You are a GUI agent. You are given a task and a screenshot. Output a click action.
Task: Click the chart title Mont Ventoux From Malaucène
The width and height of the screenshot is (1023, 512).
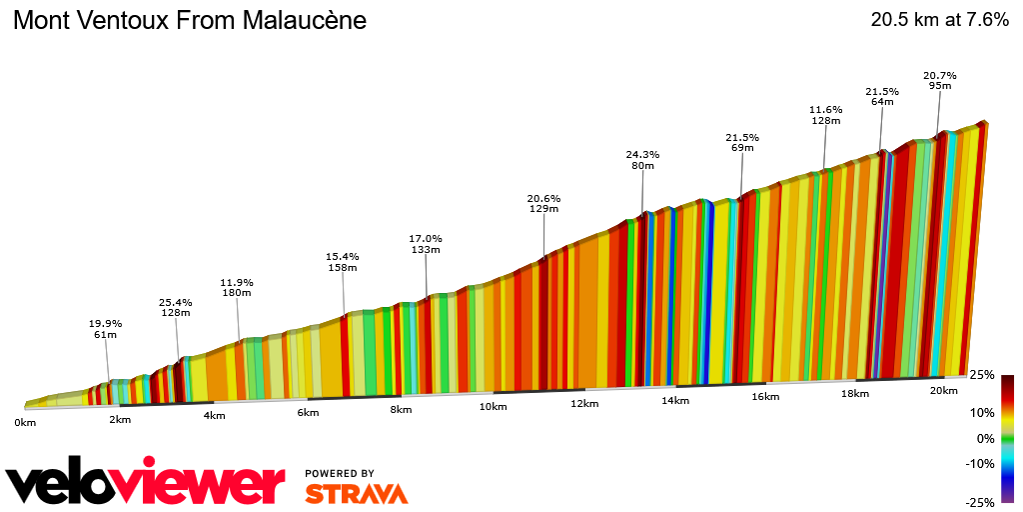(189, 20)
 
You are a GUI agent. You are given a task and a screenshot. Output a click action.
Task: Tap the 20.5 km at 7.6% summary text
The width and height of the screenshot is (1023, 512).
(939, 20)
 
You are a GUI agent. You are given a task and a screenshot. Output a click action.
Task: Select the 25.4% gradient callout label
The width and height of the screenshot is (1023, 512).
(175, 307)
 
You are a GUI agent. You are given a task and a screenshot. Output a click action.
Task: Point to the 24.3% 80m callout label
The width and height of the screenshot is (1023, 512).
(642, 160)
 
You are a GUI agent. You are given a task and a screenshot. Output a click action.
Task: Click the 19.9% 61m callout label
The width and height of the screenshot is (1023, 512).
(105, 329)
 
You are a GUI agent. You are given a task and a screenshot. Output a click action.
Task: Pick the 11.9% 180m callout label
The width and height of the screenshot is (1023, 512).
(237, 288)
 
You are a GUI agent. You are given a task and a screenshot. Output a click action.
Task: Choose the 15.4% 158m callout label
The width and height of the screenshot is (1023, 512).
(342, 262)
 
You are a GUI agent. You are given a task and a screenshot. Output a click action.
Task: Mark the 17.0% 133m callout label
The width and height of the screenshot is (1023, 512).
(426, 244)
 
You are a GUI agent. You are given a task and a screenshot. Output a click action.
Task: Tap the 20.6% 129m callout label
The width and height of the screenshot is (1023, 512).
(543, 203)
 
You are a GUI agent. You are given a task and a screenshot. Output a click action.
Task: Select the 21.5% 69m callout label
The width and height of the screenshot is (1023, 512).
(741, 142)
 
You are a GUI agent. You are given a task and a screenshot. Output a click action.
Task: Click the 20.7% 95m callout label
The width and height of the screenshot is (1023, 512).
(939, 80)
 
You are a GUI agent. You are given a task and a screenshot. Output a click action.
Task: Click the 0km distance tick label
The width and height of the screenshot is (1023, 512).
(25, 423)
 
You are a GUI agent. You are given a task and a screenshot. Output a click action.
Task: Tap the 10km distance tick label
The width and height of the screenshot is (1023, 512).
(493, 406)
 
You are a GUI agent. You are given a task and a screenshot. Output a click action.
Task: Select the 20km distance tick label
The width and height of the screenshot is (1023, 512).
(943, 390)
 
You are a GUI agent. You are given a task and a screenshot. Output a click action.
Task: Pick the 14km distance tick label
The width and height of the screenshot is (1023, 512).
(674, 401)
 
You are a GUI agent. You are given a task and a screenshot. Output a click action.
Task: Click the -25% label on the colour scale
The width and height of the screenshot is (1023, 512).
(981, 502)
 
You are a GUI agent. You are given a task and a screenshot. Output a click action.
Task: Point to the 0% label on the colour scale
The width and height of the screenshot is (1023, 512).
(985, 438)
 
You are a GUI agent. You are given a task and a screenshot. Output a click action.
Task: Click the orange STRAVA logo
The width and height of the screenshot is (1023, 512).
(356, 493)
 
